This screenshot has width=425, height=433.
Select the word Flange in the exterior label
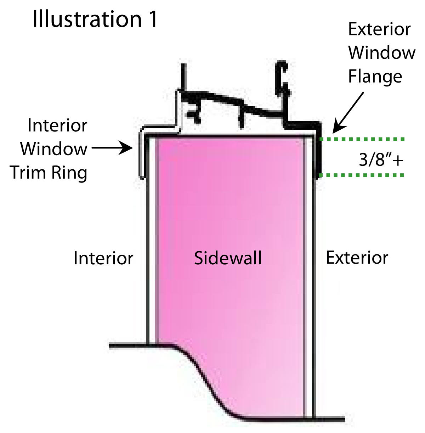click(375, 77)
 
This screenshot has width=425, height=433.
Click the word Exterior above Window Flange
click(379, 29)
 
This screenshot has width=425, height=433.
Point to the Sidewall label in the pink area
click(227, 258)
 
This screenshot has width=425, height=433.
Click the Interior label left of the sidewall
click(103, 258)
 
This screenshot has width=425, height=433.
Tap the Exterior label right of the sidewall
click(357, 258)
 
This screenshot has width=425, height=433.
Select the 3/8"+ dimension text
click(381, 160)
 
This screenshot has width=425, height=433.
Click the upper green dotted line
click(362, 139)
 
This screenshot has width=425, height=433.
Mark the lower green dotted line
click(362, 175)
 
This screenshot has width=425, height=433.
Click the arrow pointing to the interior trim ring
click(112, 148)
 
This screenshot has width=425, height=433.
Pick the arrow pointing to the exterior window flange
click(348, 112)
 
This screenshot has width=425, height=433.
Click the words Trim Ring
click(48, 173)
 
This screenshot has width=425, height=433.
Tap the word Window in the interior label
click(54, 149)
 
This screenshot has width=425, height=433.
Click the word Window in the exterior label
click(382, 53)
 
